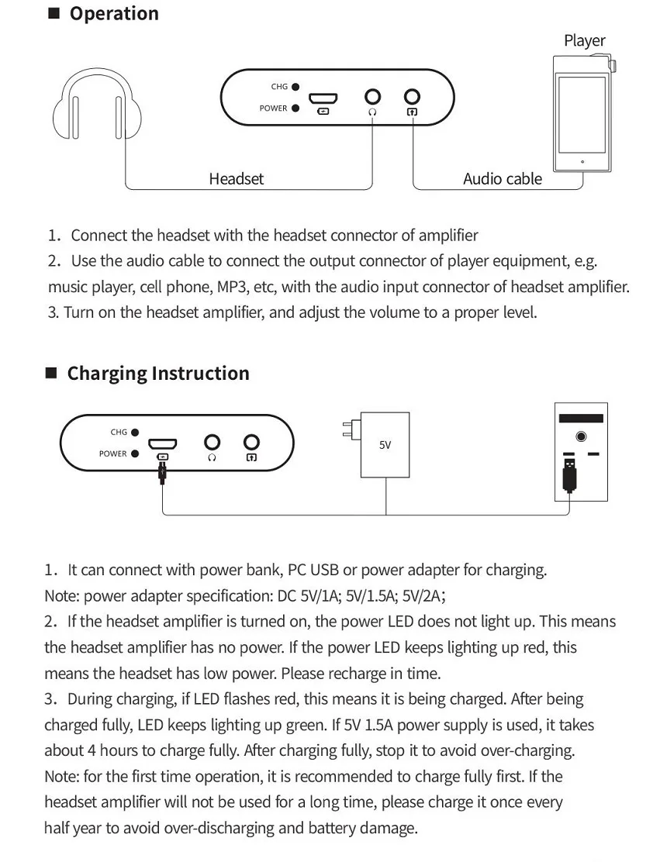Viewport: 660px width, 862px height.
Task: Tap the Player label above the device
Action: pos(584,40)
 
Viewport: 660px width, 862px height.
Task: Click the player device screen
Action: pos(582,115)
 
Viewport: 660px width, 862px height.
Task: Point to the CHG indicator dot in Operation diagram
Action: pos(295,87)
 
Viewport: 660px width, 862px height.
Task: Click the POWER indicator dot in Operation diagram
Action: pos(295,109)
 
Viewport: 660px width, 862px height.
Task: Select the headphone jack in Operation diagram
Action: pos(372,97)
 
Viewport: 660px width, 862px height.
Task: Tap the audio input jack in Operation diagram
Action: pos(412,97)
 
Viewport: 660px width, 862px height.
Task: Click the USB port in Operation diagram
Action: pos(323,99)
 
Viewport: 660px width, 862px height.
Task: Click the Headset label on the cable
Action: pos(236,178)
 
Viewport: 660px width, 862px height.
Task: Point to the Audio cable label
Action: pos(502,178)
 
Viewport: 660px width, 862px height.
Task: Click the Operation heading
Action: pos(114,13)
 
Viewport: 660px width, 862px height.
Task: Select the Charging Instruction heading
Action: pos(158,374)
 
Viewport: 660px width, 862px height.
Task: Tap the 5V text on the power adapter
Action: pos(385,445)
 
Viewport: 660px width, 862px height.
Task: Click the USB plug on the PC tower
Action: pos(569,474)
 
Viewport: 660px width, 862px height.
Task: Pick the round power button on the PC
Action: pos(581,436)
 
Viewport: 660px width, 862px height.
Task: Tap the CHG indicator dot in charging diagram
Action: pos(135,432)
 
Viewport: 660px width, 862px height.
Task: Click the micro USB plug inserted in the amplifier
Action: pos(162,471)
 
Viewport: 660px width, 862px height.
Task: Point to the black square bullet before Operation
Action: pos(54,13)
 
